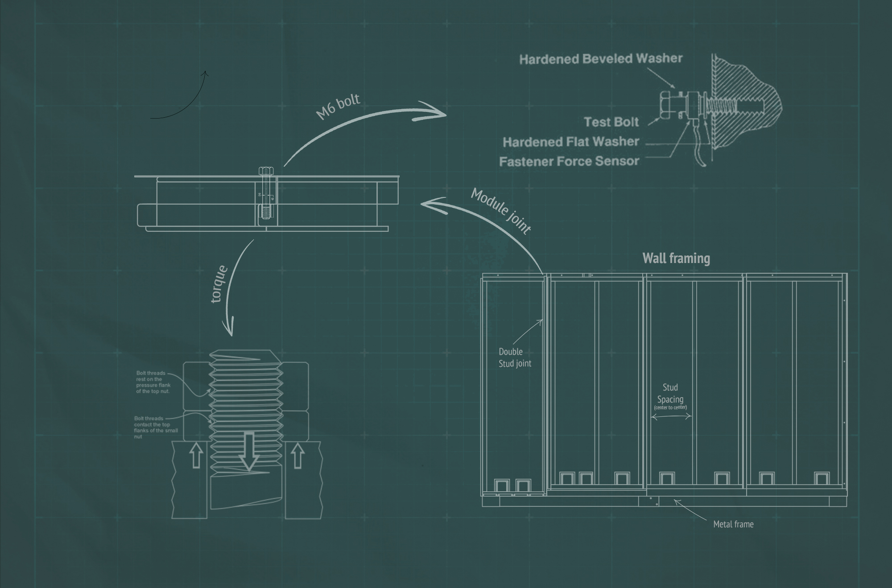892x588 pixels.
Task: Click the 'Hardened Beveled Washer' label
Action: coord(601,59)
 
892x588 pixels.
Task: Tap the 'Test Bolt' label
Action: coord(611,122)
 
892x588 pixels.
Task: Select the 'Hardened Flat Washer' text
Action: coord(571,142)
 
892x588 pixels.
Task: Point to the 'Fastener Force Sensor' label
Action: coord(569,161)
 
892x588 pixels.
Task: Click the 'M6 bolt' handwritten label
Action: coord(338,107)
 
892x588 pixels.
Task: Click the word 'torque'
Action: coord(219,284)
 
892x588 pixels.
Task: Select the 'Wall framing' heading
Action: coord(676,258)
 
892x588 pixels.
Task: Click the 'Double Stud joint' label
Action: coord(515,358)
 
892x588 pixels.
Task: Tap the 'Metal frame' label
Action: coord(733,524)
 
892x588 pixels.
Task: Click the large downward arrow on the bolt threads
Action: coord(249,451)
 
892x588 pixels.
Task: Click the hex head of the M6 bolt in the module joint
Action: coord(266,171)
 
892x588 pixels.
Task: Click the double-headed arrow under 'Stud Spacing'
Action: coord(671,417)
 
